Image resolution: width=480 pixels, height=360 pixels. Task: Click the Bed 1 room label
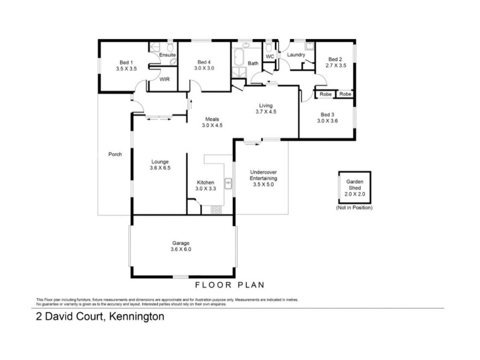coord(126,62)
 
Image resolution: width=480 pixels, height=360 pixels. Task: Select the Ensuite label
coord(167,55)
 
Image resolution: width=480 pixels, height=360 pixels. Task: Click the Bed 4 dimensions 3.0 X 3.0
coord(204,69)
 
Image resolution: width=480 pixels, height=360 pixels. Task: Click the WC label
coord(270,56)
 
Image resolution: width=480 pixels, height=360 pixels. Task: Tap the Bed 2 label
coord(335,59)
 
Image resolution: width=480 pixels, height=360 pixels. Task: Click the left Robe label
coord(325,94)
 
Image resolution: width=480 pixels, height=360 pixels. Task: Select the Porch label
coord(115,154)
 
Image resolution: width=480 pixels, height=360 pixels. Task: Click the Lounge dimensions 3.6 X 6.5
coord(160,169)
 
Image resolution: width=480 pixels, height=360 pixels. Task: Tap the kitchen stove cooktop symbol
coord(215,209)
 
